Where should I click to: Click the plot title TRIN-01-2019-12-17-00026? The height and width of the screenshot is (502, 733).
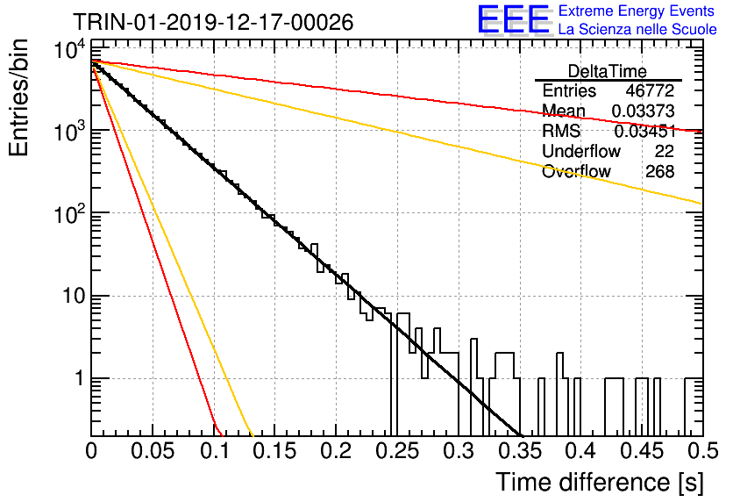tap(213, 22)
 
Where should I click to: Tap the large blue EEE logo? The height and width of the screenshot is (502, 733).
tap(514, 19)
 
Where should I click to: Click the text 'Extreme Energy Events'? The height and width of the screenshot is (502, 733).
tap(637, 11)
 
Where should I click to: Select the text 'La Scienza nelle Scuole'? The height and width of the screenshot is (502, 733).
tap(637, 29)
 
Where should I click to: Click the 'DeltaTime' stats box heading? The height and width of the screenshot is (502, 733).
tap(608, 71)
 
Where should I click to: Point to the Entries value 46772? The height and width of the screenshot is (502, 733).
tap(650, 90)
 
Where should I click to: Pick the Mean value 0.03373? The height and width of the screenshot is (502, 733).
tap(643, 111)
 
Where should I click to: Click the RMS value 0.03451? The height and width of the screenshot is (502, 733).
tap(644, 132)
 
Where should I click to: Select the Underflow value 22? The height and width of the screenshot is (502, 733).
tap(665, 151)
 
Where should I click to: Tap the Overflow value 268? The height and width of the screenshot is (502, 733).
tap(659, 172)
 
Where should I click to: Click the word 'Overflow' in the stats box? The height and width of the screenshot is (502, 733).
tap(576, 172)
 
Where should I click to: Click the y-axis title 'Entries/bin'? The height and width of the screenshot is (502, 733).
tap(18, 97)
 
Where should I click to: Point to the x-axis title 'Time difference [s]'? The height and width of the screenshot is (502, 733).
tap(600, 482)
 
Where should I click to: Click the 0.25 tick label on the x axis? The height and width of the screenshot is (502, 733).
tap(397, 451)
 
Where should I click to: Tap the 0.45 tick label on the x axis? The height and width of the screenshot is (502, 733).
tap(643, 451)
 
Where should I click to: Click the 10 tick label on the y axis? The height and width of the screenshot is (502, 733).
tap(74, 296)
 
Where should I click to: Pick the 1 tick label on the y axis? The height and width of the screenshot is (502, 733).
tap(79, 378)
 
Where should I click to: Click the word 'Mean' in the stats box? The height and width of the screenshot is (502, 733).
tap(563, 111)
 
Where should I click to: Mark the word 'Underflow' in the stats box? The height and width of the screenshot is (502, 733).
tap(581, 151)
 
